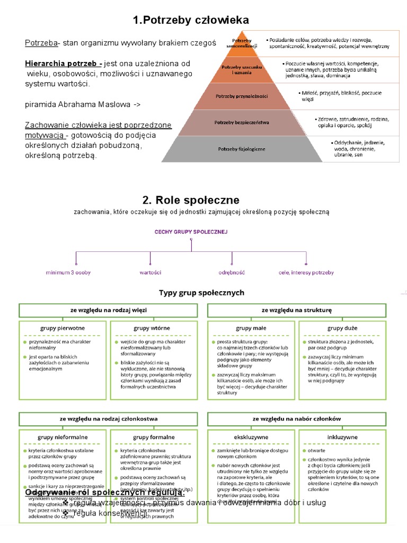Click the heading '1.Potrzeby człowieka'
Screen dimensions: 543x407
pos(191,21)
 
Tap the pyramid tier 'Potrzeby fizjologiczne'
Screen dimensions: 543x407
pos(242,149)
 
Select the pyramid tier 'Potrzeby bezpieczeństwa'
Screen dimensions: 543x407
pos(242,122)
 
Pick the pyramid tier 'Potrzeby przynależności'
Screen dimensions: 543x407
pos(242,97)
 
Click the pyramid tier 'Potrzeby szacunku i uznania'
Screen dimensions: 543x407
pos(242,70)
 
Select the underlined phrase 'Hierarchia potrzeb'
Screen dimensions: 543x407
pos(64,64)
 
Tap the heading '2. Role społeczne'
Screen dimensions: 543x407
pos(191,200)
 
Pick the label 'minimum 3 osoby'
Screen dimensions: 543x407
pos(68,273)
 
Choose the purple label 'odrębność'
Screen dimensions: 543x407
pos(232,273)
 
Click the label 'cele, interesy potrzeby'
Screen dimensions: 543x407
pos(306,273)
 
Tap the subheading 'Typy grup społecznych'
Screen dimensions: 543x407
pos(202,293)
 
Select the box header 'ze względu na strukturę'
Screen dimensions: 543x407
pos(296,310)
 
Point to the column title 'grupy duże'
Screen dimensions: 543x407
pos(342,328)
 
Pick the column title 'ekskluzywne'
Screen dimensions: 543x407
pos(251,437)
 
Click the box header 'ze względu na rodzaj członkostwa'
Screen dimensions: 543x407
pos(109,419)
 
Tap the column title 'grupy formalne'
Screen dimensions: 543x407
pos(154,437)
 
